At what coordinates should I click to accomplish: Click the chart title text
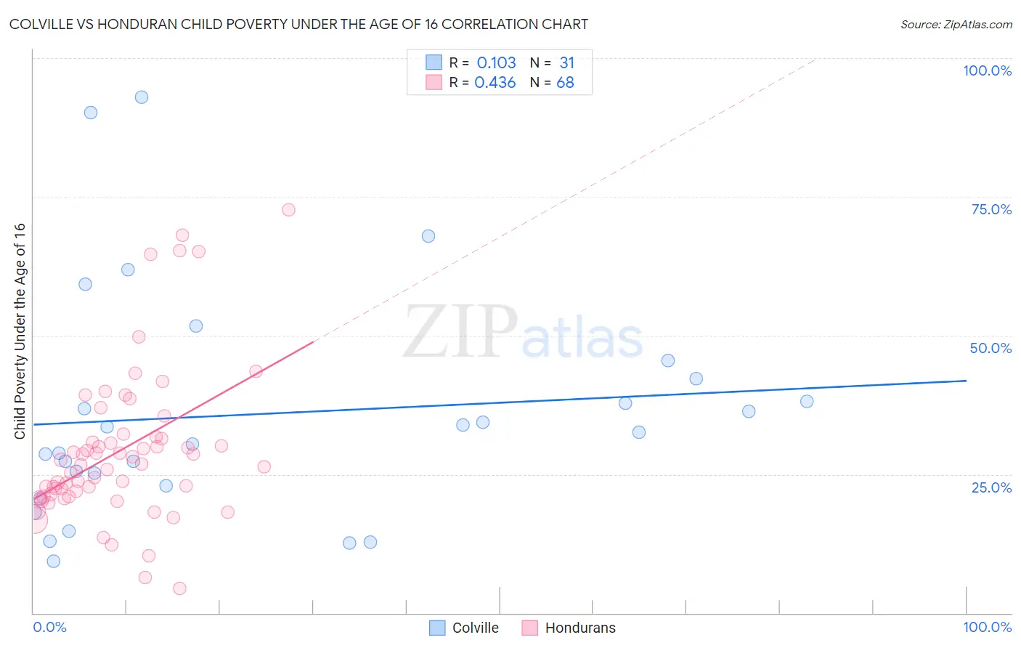point(298,24)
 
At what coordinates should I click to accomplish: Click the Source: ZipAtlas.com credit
point(956,24)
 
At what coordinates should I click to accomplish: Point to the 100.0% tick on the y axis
point(987,70)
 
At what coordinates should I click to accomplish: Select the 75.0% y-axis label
point(991,209)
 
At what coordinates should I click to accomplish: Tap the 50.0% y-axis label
point(991,348)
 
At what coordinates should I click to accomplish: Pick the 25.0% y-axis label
point(991,487)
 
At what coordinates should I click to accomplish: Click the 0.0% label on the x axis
point(49,627)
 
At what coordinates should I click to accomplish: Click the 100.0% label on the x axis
point(987,627)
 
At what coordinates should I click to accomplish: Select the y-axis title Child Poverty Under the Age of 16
point(20,331)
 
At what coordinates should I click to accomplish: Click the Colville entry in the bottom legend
point(475,628)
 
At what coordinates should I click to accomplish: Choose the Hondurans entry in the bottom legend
point(579,628)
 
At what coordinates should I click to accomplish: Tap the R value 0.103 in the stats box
point(496,62)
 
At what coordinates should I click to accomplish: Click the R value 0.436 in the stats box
point(495,83)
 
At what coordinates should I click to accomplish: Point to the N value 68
point(565,83)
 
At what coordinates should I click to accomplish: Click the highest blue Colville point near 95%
point(142,97)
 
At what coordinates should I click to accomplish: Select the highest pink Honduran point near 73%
point(288,210)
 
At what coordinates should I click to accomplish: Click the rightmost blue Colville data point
point(807,402)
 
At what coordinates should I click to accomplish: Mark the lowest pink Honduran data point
point(179,588)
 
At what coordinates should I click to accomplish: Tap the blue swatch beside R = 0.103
point(434,62)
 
